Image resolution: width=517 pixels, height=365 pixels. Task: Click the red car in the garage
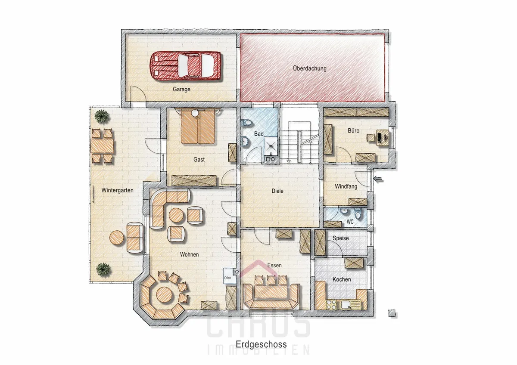[185, 66]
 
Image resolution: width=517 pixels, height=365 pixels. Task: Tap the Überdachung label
[309, 68]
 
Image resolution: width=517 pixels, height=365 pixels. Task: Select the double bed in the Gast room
[198, 127]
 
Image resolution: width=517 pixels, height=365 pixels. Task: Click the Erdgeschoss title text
[261, 344]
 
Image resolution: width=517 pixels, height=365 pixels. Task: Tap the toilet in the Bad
[246, 122]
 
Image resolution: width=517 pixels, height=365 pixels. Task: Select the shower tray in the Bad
[271, 145]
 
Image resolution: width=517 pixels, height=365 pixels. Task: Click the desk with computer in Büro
[383, 137]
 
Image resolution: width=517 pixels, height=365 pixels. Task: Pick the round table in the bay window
[164, 294]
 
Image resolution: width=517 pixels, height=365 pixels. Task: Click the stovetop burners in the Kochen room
[331, 304]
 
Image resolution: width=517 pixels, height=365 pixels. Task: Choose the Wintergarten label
[117, 190]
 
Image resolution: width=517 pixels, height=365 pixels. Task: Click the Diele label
[277, 191]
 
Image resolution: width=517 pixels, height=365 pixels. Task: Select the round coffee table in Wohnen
[176, 215]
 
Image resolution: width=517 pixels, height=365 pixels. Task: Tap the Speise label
[341, 238]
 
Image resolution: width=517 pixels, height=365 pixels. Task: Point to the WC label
[350, 222]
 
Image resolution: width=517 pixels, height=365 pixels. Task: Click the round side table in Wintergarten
[117, 238]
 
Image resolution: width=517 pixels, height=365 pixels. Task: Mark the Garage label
[181, 89]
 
